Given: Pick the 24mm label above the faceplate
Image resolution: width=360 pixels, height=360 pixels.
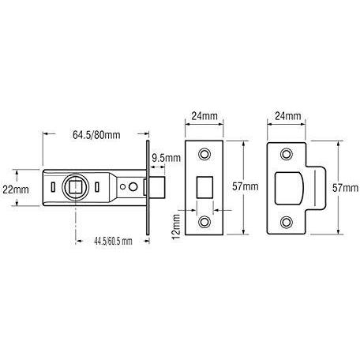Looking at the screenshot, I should (204, 116).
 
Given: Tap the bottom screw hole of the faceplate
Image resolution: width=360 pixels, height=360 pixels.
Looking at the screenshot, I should (204, 223).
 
